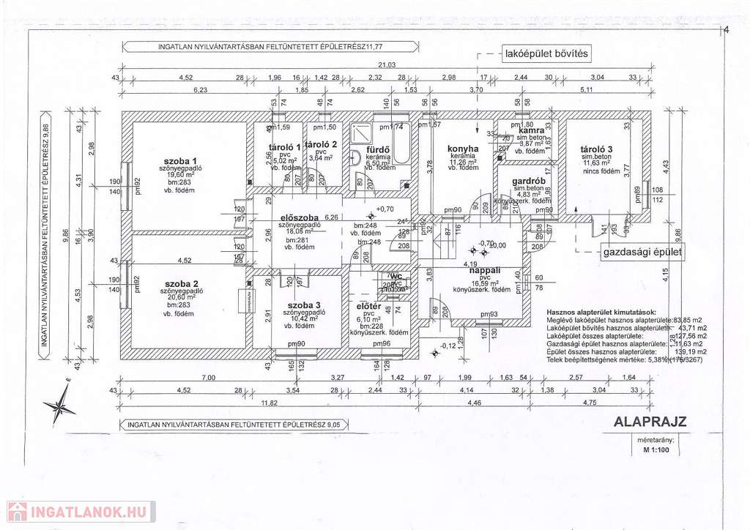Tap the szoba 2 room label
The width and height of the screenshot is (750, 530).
tap(182, 283)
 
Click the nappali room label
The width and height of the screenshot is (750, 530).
tap(484, 270)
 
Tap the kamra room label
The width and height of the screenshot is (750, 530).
tap(531, 131)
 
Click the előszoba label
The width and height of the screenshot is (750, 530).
tap(299, 217)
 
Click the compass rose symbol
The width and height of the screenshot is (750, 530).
tap(58, 405)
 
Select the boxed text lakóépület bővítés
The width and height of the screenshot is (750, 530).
tap(545, 53)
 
